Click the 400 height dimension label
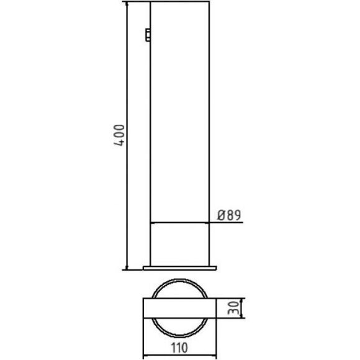click(x=119, y=135)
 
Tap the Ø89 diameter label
click(x=230, y=215)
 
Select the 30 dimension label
click(x=233, y=308)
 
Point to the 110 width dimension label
click(x=180, y=348)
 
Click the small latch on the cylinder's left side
click(x=148, y=35)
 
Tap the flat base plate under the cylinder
click(x=180, y=268)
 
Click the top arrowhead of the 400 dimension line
click(x=127, y=4)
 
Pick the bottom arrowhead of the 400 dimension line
click(x=127, y=268)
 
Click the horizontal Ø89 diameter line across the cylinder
click(x=180, y=222)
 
